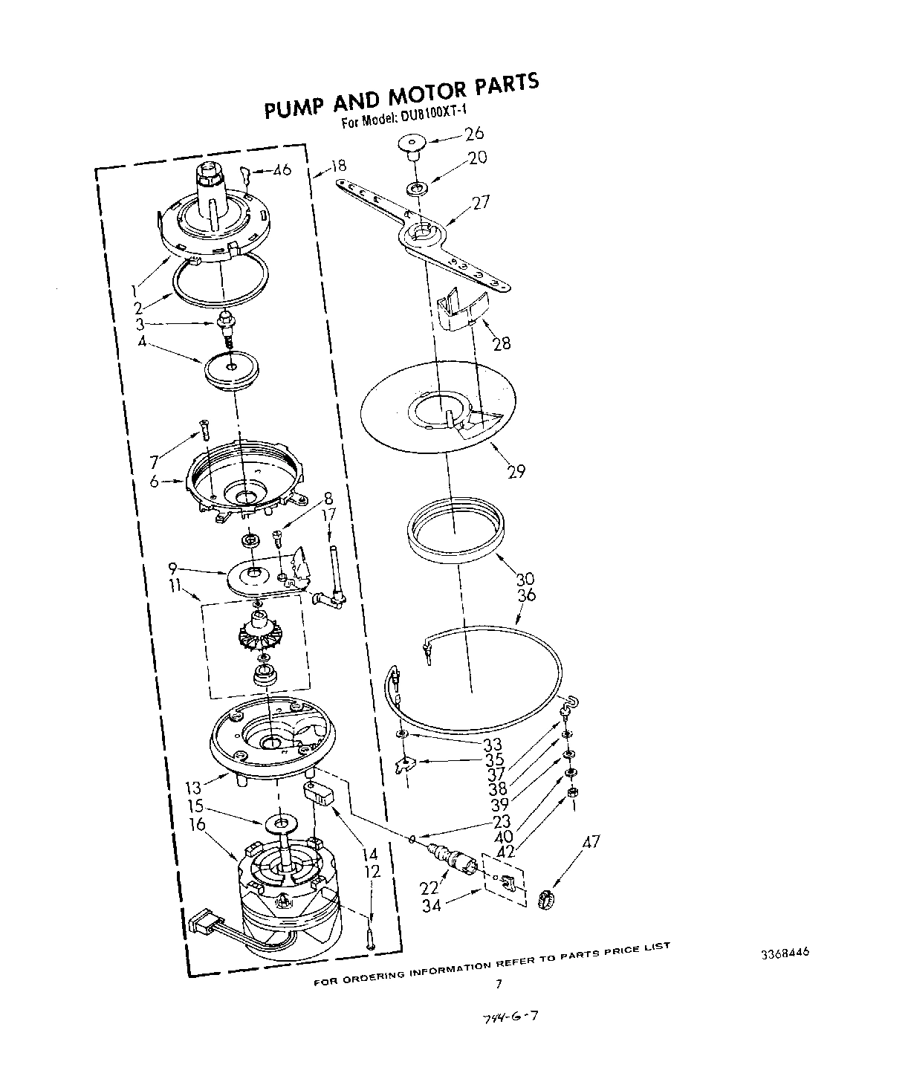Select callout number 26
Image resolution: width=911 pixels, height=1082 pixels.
(x=474, y=134)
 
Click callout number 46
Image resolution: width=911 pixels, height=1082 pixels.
(x=281, y=170)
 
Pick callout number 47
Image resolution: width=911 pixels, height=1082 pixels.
(x=591, y=843)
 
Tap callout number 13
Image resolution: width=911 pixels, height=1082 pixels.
(x=193, y=787)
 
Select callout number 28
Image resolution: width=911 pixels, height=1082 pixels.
(x=502, y=343)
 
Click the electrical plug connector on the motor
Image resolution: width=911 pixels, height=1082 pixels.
(x=201, y=924)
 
